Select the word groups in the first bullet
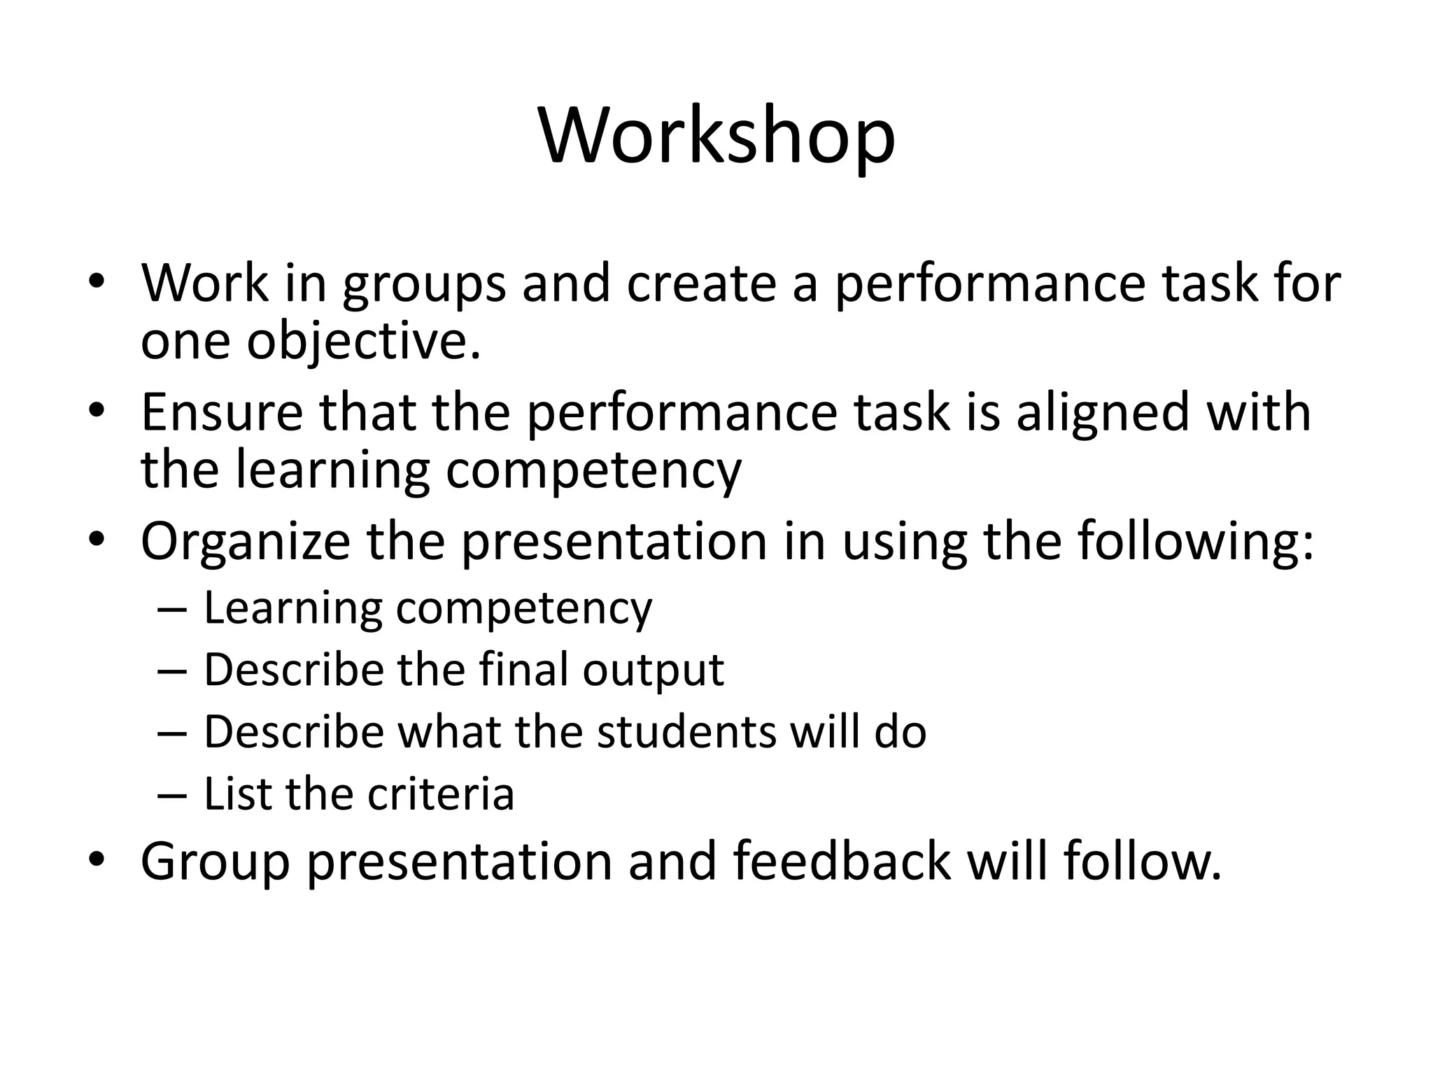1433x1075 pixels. (x=424, y=285)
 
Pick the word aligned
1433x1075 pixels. (x=1103, y=413)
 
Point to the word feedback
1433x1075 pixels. (x=842, y=861)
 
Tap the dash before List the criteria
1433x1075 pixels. (x=172, y=795)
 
